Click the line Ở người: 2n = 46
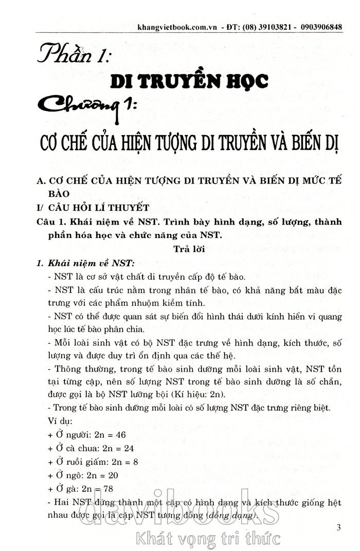(87, 434)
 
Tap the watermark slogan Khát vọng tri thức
(208, 538)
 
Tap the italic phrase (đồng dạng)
(231, 515)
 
